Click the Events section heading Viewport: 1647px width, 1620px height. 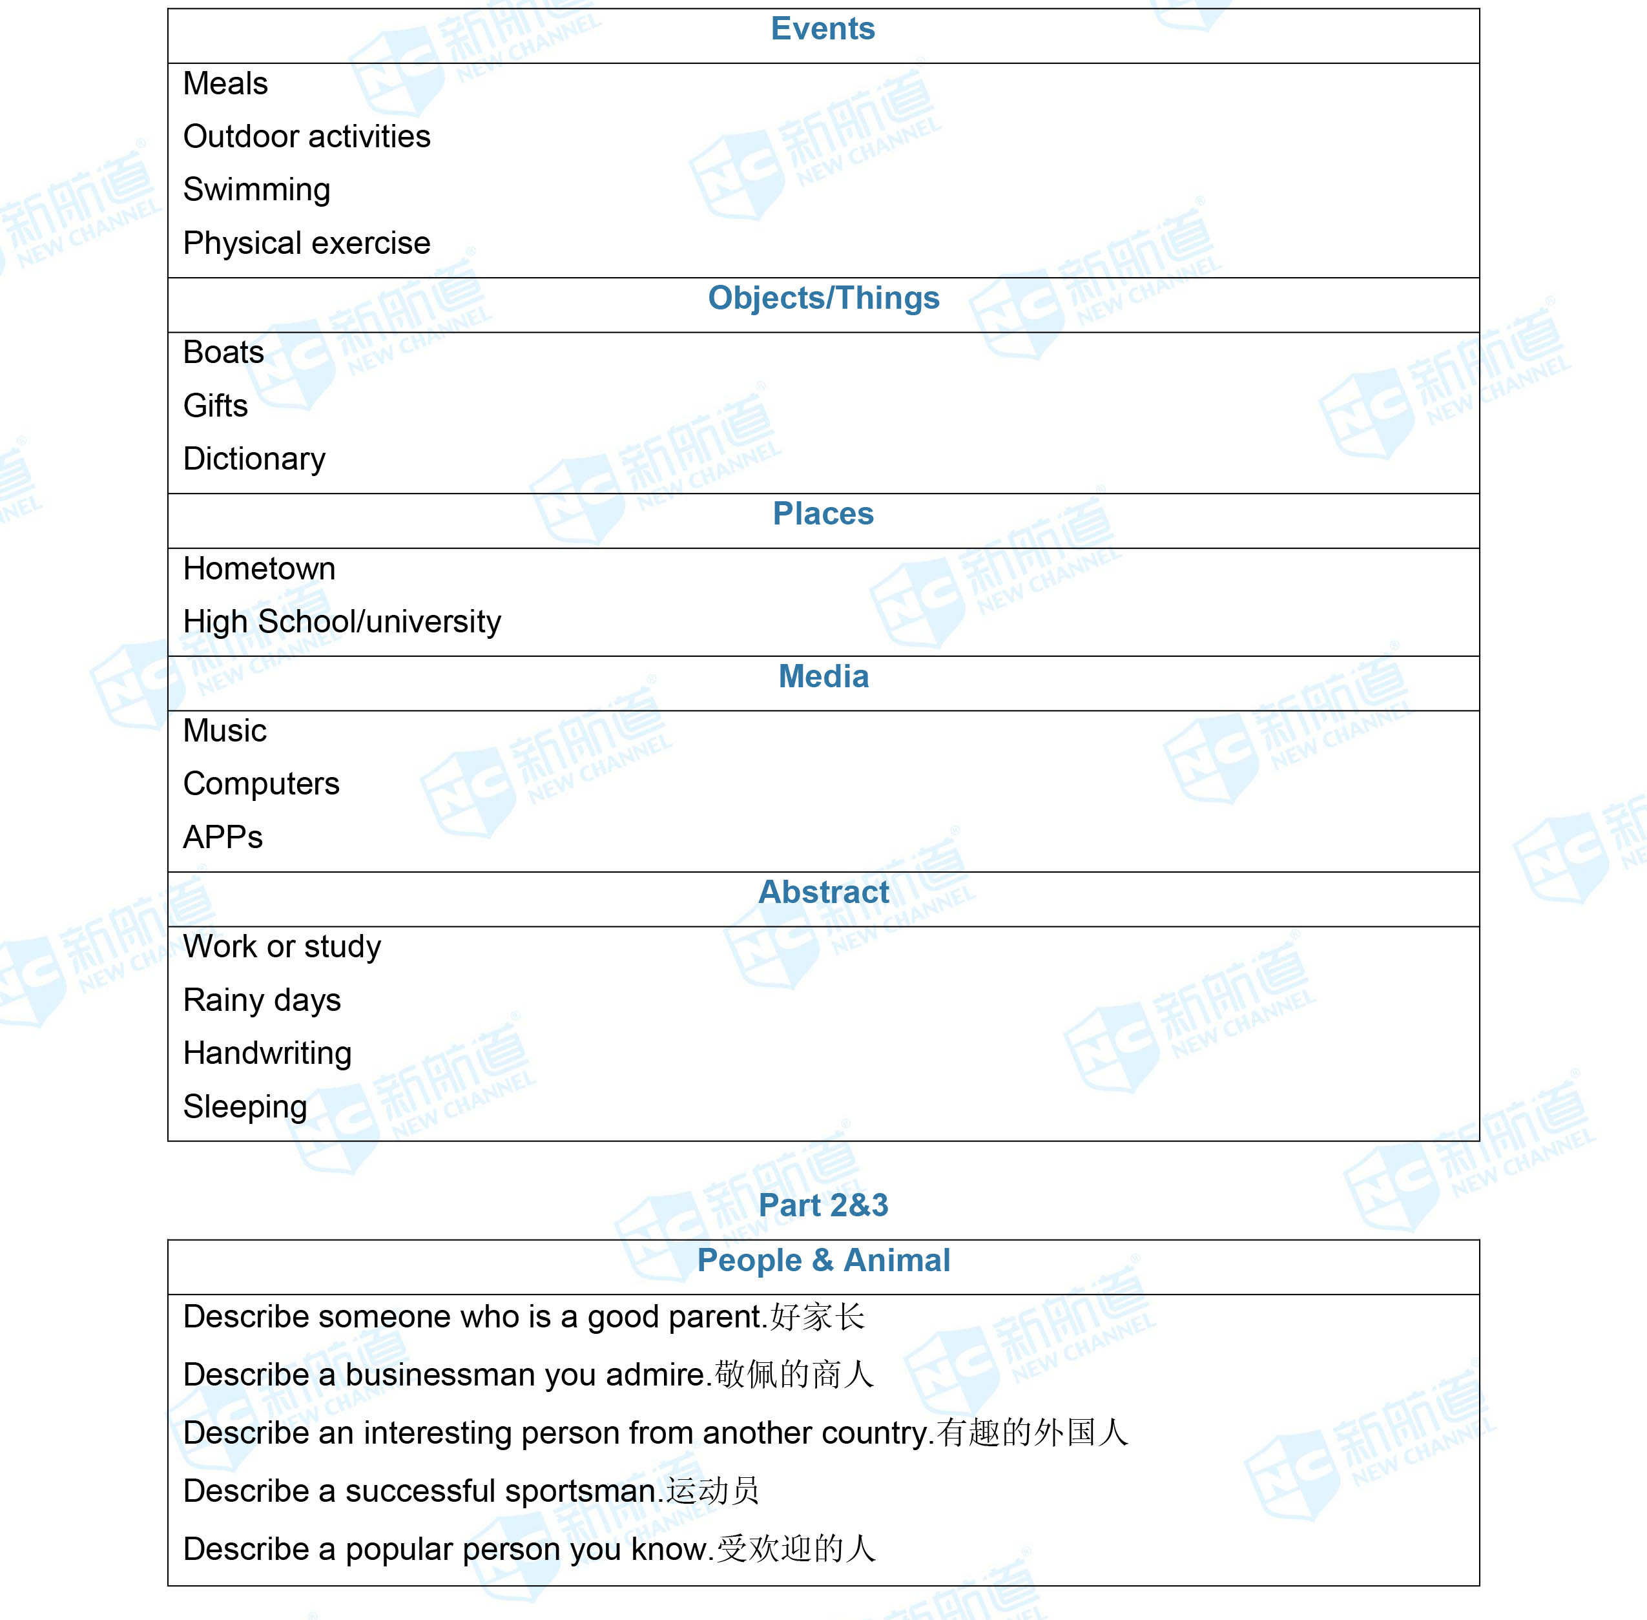pos(823,29)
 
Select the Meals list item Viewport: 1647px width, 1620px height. pos(225,83)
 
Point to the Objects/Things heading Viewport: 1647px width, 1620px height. pos(823,298)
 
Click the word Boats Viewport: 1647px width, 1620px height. pos(223,352)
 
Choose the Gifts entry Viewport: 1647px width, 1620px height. pos(215,406)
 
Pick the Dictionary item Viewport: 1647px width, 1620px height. pos(254,459)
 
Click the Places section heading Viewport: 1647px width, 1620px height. pos(823,514)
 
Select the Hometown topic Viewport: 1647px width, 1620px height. pos(260,568)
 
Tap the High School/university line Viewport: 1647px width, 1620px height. pos(342,622)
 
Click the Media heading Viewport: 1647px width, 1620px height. pos(823,676)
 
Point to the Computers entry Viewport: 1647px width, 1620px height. pos(261,784)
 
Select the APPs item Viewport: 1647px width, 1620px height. pos(223,837)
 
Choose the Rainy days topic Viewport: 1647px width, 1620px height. pos(262,1000)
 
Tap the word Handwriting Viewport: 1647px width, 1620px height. pos(267,1054)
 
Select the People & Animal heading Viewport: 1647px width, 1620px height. pos(823,1260)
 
